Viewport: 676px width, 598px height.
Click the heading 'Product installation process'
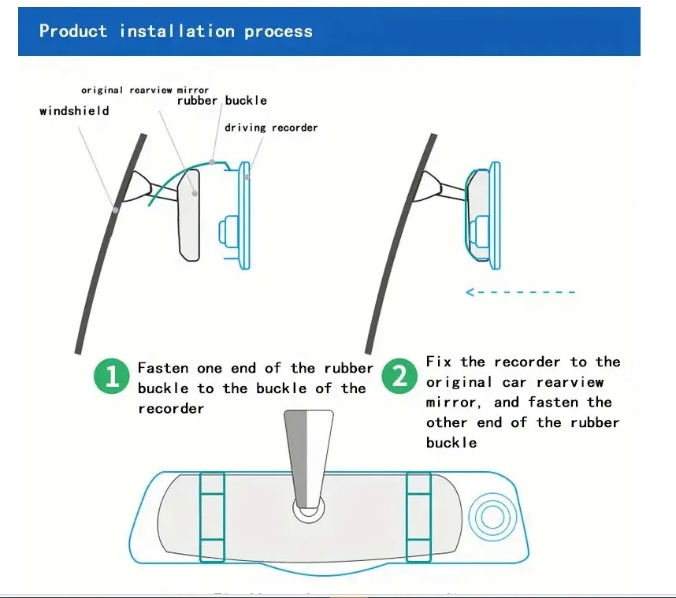[x=176, y=32]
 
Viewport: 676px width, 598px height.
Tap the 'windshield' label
[x=74, y=111]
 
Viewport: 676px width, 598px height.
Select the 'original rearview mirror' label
[x=145, y=91]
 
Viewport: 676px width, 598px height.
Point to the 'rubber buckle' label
[x=221, y=101]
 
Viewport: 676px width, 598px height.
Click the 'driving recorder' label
[x=271, y=128]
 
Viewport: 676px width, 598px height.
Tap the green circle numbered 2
[x=400, y=377]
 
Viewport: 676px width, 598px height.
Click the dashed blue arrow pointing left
[x=520, y=292]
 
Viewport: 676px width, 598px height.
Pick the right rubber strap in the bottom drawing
[x=418, y=516]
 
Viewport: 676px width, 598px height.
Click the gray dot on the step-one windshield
[x=115, y=210]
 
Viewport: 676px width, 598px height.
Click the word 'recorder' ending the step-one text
[x=171, y=408]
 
